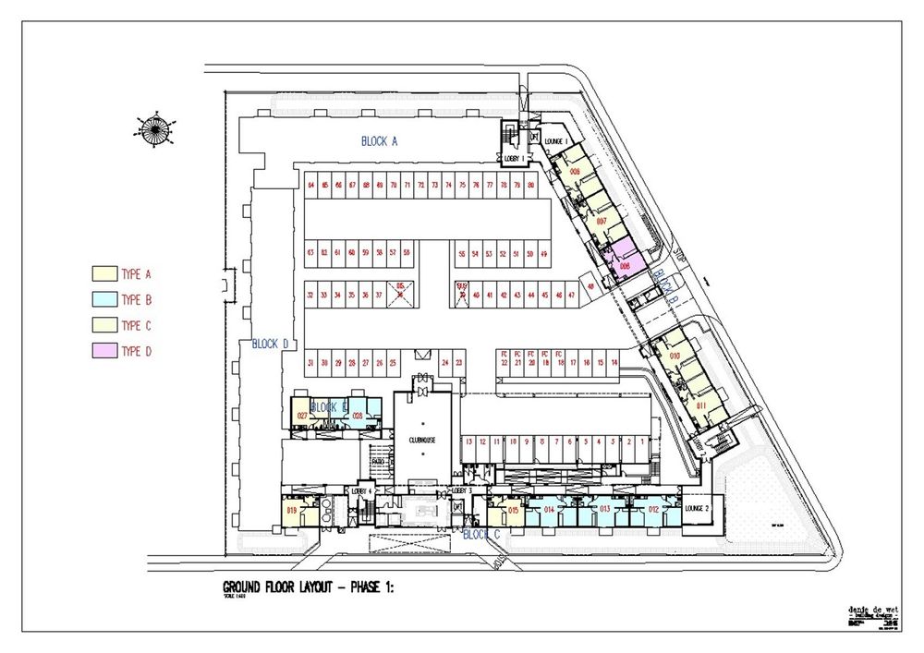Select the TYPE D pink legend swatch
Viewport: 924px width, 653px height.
point(102,351)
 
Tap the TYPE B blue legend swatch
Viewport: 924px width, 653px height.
point(102,299)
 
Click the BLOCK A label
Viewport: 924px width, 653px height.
point(379,141)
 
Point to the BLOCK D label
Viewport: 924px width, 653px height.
point(271,345)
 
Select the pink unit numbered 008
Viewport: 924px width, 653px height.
point(626,265)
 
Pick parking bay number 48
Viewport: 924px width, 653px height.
point(590,285)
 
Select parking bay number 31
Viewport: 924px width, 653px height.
point(311,363)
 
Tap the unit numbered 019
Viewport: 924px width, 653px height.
point(291,510)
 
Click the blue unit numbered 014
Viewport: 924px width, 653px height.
point(549,510)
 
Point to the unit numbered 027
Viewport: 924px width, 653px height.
point(302,416)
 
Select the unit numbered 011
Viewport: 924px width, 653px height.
point(701,405)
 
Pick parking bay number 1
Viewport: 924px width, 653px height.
point(641,441)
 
